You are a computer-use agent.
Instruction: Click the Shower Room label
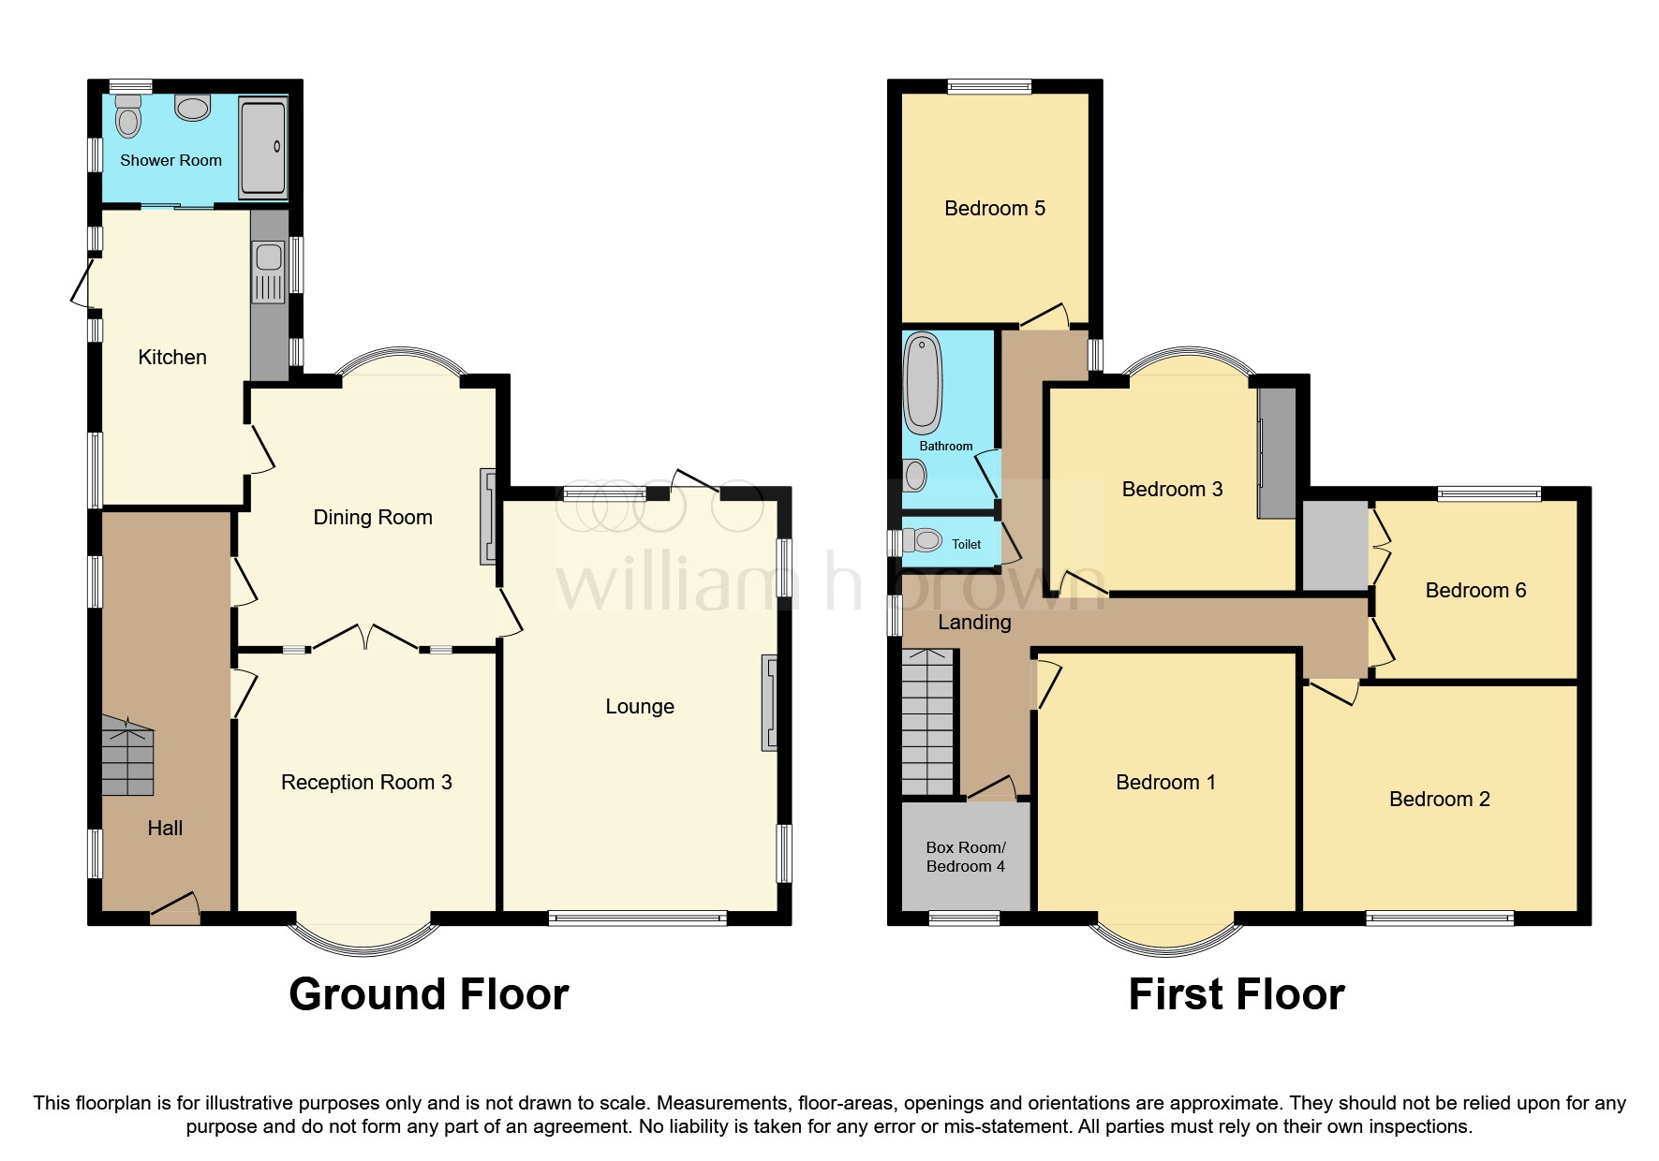pos(170,160)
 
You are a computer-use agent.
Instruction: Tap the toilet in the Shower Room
pos(128,118)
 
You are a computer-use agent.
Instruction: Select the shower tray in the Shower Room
pos(262,147)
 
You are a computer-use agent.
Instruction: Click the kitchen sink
pos(269,257)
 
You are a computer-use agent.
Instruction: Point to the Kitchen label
pos(171,357)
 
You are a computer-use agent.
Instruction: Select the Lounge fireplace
pos(769,701)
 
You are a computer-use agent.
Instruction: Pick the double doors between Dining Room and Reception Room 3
pos(365,639)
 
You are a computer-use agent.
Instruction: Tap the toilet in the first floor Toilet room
pos(926,539)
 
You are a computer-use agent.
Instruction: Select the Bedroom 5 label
pos(994,208)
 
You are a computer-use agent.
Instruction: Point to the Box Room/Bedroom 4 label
pos(965,857)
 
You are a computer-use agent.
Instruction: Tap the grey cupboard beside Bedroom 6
pos(1335,546)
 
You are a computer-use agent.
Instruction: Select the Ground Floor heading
pos(428,993)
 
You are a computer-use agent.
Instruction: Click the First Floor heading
pos(1236,993)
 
